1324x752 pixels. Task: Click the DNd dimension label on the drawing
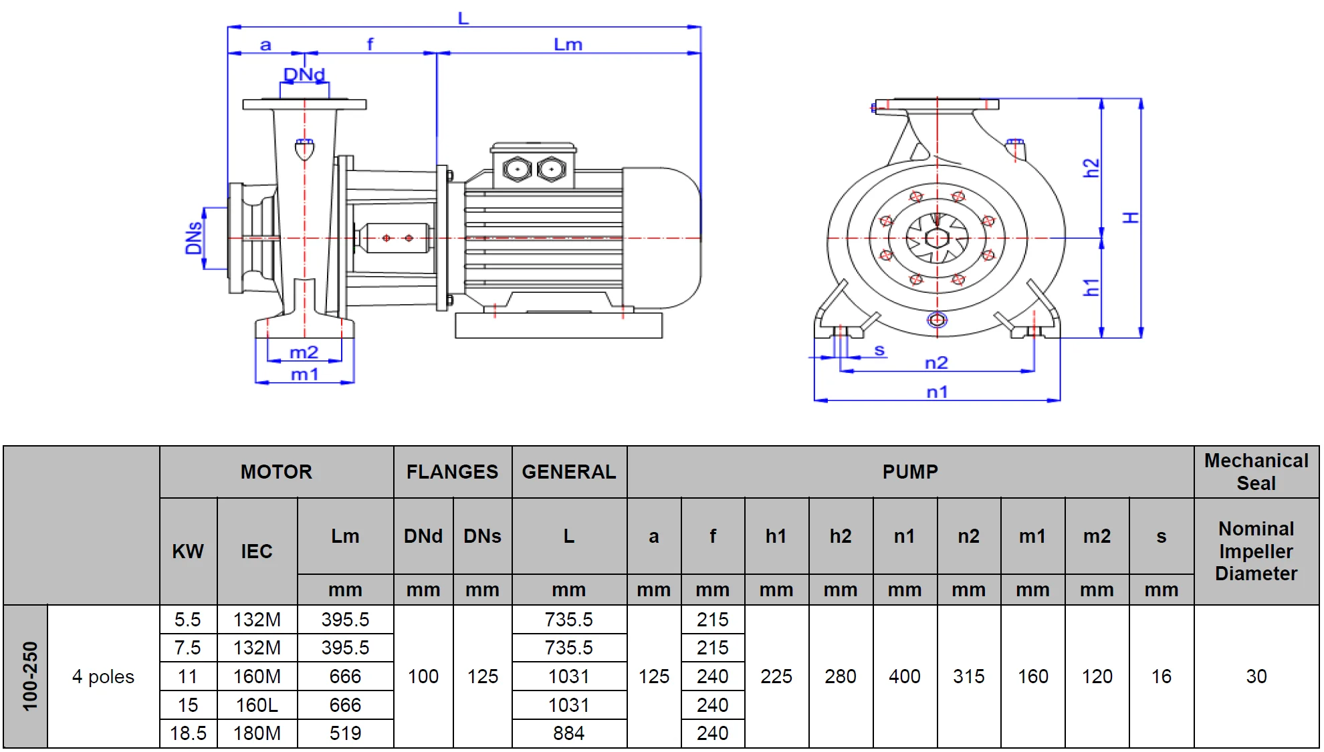click(304, 74)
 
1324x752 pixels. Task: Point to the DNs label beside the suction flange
click(193, 238)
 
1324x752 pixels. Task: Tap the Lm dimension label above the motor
click(568, 45)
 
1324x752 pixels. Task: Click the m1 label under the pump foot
click(304, 374)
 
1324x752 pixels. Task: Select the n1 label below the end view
click(937, 392)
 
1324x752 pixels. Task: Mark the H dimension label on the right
click(1130, 218)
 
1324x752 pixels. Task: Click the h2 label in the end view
click(1091, 168)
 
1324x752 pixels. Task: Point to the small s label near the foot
click(879, 350)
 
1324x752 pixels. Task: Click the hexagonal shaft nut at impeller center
click(937, 238)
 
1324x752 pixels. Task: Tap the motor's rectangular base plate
click(558, 326)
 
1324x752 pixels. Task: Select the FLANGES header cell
click(452, 472)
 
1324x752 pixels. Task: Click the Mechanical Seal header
click(1256, 472)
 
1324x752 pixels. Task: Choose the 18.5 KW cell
click(188, 733)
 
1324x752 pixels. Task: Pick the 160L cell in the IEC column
click(257, 705)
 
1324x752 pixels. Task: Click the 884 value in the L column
click(568, 733)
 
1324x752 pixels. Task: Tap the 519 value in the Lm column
click(345, 733)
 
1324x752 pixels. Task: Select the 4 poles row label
click(103, 676)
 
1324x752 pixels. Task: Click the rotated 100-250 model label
click(30, 676)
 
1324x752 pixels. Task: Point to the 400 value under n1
click(904, 676)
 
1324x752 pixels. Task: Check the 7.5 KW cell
click(188, 648)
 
